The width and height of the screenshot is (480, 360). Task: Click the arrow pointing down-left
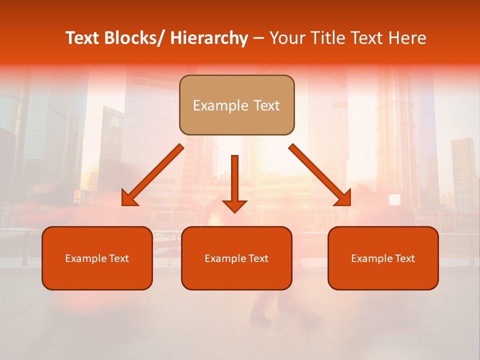tap(152, 175)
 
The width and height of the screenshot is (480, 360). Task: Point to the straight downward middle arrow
tap(234, 183)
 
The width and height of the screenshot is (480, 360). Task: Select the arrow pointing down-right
tap(320, 175)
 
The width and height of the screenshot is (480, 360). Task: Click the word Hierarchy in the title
tap(209, 38)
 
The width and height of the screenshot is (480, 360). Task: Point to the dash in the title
tap(258, 38)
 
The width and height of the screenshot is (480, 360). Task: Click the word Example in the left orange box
tap(85, 258)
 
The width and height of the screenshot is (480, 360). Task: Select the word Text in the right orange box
tap(405, 258)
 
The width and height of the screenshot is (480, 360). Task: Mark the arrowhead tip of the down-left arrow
tap(122, 205)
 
